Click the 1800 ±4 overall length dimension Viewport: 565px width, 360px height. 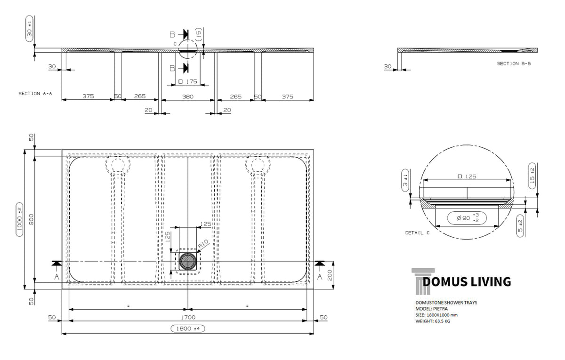[x=188, y=328]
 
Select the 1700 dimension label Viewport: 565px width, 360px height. [x=188, y=317]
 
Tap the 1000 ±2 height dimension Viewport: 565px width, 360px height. [x=19, y=219]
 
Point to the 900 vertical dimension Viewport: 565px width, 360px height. [x=31, y=219]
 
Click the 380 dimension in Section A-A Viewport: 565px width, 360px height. [x=188, y=96]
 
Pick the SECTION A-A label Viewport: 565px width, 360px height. [x=35, y=94]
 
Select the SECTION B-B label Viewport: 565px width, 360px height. [x=514, y=64]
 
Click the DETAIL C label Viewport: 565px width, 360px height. [x=417, y=232]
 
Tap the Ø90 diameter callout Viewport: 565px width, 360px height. [x=467, y=218]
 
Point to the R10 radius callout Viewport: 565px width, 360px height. [x=203, y=244]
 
